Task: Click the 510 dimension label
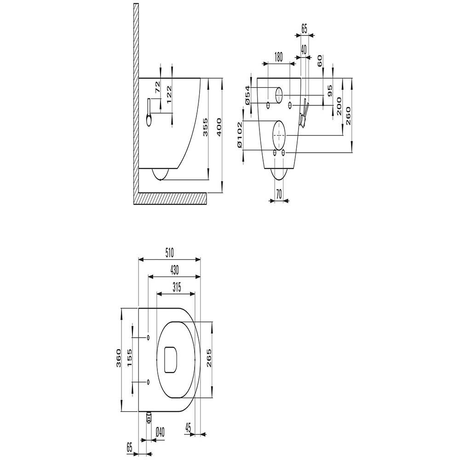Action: tap(169, 252)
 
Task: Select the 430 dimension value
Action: tap(174, 270)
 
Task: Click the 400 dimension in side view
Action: tap(219, 127)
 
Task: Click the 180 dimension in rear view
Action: tap(278, 57)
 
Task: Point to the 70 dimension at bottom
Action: tap(279, 194)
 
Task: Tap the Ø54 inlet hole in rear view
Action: tap(279, 95)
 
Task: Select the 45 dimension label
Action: tap(188, 428)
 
